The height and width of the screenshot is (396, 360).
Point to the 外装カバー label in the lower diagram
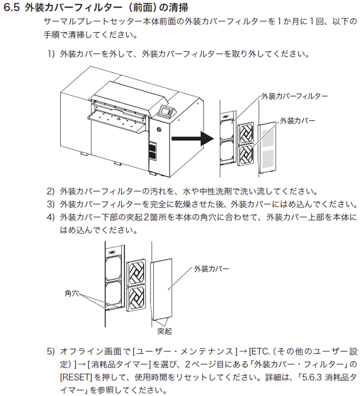coord(211,268)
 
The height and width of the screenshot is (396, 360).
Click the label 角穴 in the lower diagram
coord(72,293)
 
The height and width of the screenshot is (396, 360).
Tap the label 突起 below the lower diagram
coord(165,330)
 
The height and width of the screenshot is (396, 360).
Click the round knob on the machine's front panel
coord(159,129)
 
